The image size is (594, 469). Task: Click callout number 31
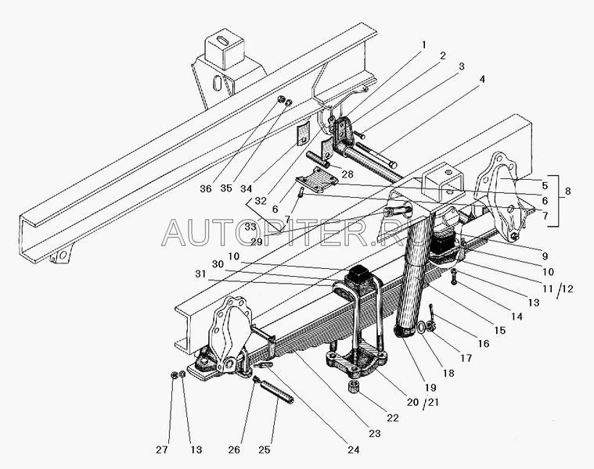(202, 273)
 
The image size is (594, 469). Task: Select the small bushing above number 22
(353, 388)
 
